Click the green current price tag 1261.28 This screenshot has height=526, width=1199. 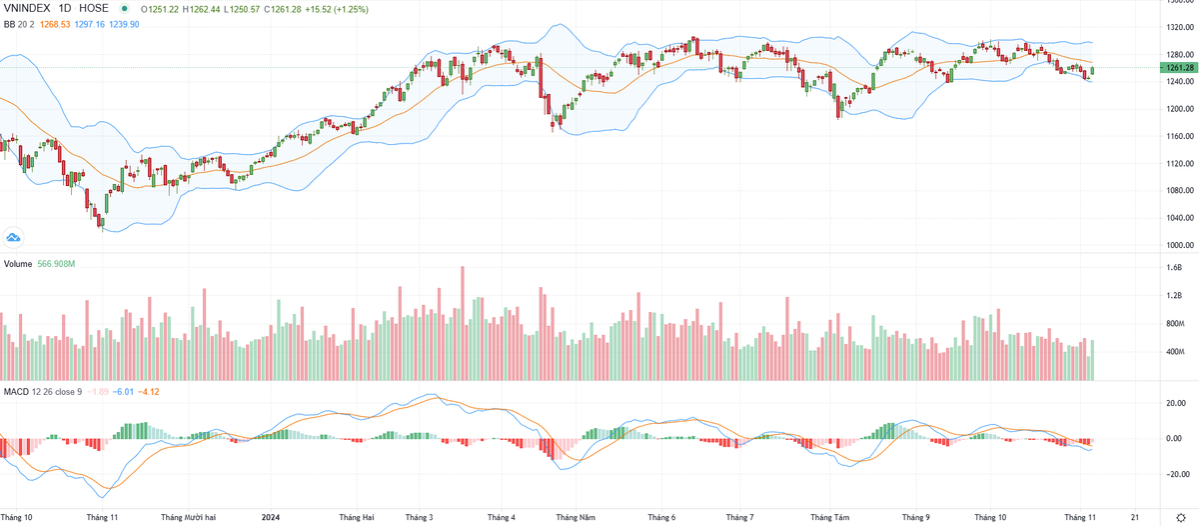1174,68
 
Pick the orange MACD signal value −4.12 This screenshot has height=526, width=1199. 148,391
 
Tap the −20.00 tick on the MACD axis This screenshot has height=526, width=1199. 1169,475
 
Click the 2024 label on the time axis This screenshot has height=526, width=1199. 270,517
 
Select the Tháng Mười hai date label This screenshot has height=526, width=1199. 189,517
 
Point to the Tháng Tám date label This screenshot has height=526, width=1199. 828,517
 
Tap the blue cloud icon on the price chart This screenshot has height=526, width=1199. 14,237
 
